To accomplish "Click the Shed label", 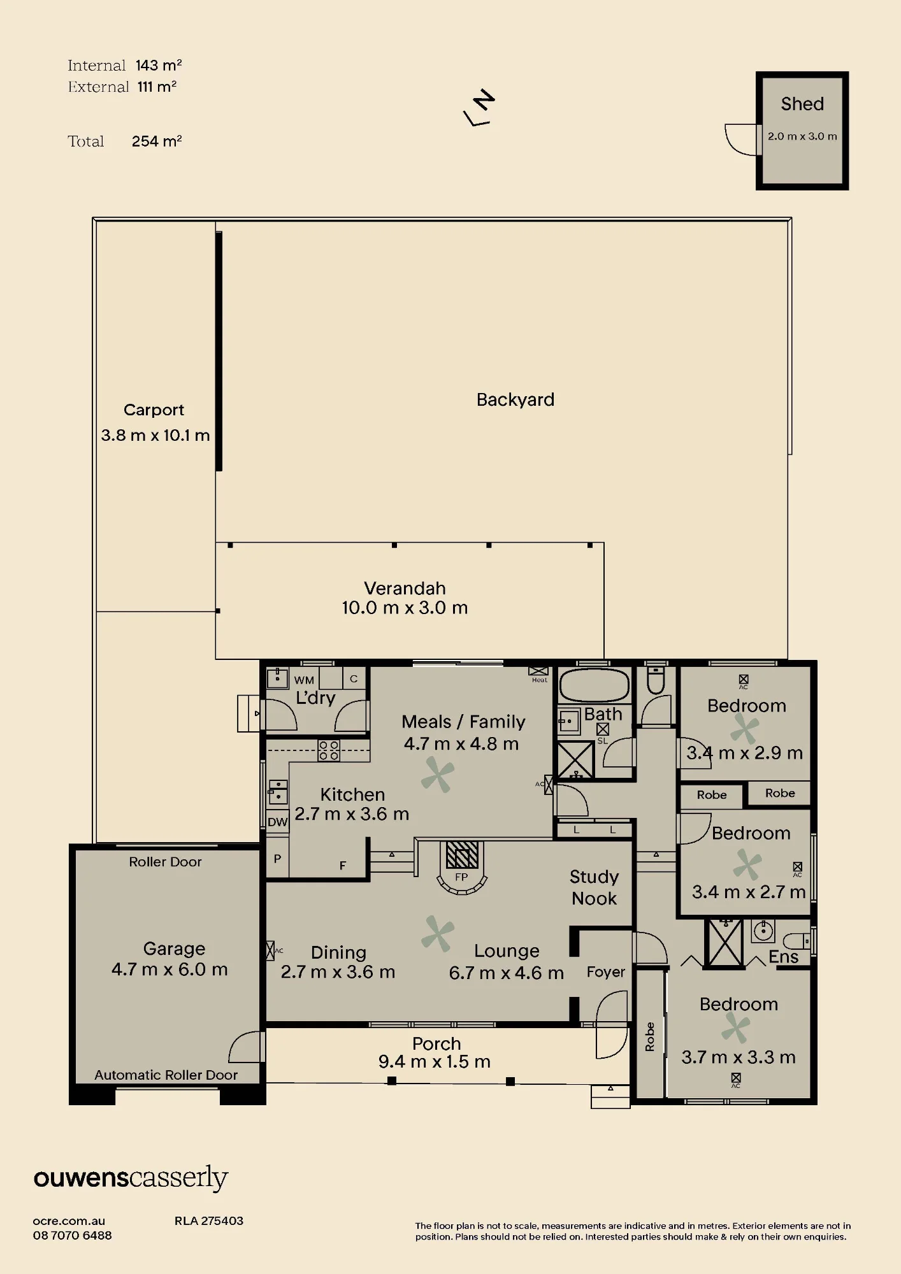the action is point(802,104).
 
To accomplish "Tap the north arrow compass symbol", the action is point(479,107).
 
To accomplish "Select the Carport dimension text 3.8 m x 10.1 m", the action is point(155,436).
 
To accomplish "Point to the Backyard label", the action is point(515,399).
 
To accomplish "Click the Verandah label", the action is point(405,588).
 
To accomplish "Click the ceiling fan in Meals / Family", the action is point(438,775).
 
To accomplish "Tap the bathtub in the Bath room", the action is point(594,685).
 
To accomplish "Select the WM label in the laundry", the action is point(304,680).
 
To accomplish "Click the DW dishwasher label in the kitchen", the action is point(277,822).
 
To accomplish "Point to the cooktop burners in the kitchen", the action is point(329,750).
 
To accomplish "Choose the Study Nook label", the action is point(594,887).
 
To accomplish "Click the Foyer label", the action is point(606,972).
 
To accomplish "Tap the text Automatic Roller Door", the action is point(166,1075).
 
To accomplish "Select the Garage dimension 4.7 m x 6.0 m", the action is point(169,970).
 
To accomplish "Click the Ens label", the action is point(783,957).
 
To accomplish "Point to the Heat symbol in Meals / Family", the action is point(538,675).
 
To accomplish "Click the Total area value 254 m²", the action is point(157,141).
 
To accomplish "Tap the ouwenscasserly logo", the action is point(131,1178).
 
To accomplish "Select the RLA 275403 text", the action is point(209,1220).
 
